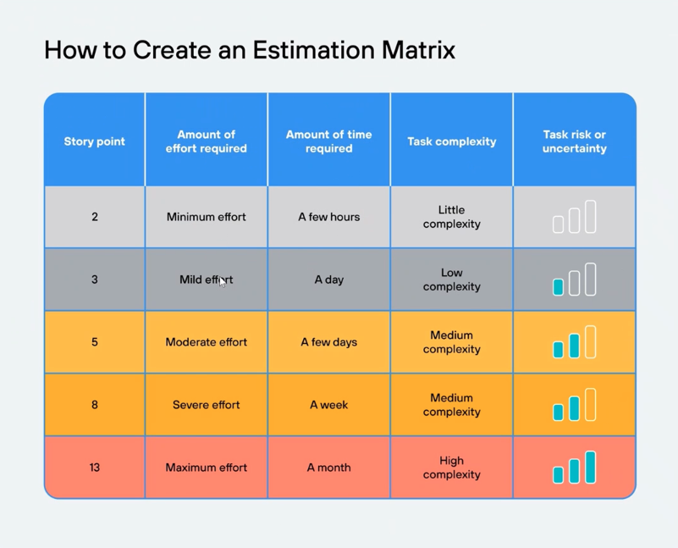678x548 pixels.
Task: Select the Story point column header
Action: click(94, 141)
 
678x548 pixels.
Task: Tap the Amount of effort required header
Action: click(206, 141)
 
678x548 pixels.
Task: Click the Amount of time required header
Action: click(328, 141)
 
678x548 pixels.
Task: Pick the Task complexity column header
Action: click(451, 141)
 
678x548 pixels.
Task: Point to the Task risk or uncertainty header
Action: click(574, 141)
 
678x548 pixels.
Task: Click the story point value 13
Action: click(94, 468)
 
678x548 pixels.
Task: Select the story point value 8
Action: click(94, 405)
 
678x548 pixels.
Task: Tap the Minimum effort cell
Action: click(206, 217)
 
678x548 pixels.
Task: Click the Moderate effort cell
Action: click(206, 342)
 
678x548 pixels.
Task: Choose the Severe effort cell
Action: click(206, 405)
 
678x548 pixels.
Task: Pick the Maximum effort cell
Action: click(206, 468)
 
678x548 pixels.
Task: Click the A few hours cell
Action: click(328, 217)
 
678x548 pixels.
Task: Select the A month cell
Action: click(328, 468)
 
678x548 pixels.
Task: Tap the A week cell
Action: click(328, 405)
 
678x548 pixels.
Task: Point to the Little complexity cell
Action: click(451, 217)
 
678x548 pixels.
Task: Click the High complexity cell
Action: click(451, 468)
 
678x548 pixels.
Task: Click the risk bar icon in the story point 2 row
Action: click(574, 218)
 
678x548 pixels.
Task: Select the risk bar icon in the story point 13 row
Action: click(574, 468)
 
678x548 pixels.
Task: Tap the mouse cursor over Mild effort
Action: click(223, 282)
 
